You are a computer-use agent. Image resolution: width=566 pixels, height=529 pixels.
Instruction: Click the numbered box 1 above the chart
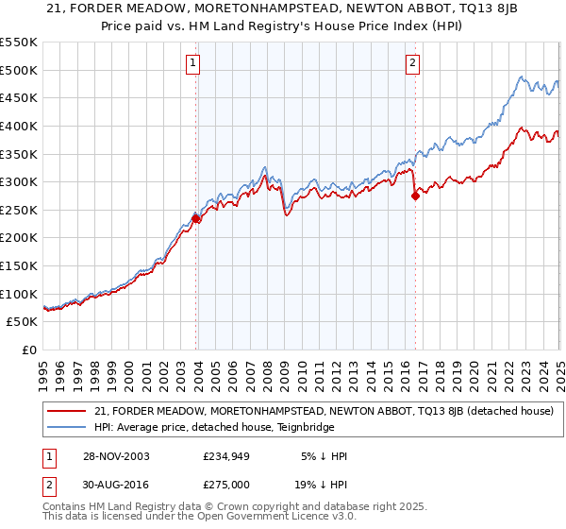coord(192,64)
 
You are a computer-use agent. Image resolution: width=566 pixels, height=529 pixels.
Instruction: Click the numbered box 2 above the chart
coord(413,64)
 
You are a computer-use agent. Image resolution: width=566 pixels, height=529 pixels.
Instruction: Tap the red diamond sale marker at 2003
coord(196,218)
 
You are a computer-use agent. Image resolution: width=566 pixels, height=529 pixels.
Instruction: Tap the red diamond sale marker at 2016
coord(416,196)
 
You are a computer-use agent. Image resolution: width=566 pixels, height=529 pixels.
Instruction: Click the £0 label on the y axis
coord(29,350)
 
